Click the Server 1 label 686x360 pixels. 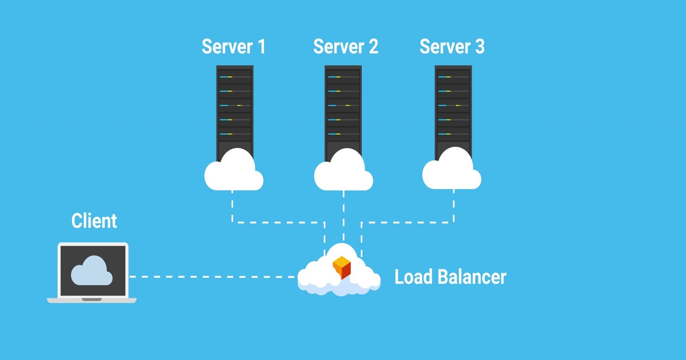(233, 47)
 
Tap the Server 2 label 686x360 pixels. (345, 47)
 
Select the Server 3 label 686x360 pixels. (452, 47)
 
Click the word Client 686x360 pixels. (94, 221)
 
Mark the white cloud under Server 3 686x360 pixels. (452, 171)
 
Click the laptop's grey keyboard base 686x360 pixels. (91, 299)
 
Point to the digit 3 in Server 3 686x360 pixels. (478, 47)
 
